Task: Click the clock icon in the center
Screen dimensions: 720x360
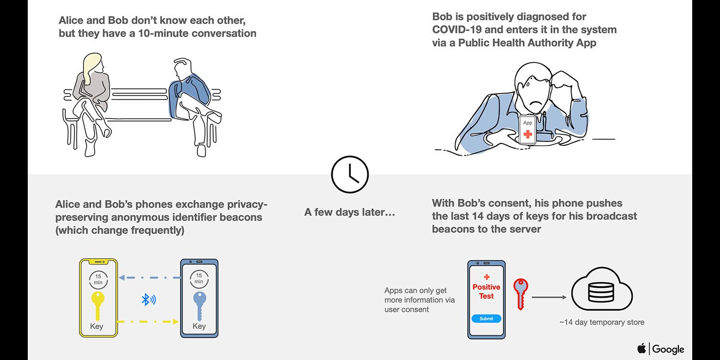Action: [x=350, y=175]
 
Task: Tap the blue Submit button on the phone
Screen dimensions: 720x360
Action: [x=486, y=319]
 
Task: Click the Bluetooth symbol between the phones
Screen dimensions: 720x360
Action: [x=148, y=300]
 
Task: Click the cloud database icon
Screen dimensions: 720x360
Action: [x=602, y=288]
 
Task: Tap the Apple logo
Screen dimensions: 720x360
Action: [x=642, y=348]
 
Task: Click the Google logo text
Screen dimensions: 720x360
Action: [x=668, y=349]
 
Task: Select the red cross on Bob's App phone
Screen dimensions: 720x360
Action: [x=528, y=134]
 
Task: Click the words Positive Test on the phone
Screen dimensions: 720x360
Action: [x=486, y=291]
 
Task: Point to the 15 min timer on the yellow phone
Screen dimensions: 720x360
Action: [x=98, y=280]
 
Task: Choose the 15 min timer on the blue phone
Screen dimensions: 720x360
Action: [x=199, y=279]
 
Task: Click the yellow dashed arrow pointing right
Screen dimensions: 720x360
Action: [x=148, y=322]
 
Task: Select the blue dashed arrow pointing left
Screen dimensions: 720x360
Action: [x=150, y=277]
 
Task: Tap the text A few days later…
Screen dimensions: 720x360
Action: [x=349, y=212]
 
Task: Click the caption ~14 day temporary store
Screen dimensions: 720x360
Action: [x=602, y=323]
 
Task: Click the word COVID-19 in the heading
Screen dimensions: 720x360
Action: [x=457, y=30]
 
